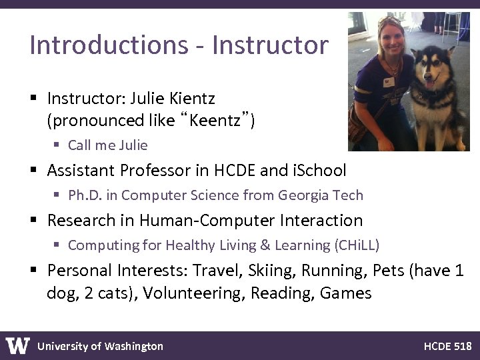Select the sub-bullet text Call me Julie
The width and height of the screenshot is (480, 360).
[x=107, y=145]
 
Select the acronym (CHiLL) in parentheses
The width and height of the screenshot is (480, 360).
[x=357, y=245]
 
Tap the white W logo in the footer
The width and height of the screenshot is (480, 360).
[x=18, y=345]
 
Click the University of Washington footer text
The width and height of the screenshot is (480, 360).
[x=100, y=346]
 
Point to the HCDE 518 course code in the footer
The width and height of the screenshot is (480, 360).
[x=447, y=346]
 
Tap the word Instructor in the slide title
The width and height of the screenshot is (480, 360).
[x=270, y=45]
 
